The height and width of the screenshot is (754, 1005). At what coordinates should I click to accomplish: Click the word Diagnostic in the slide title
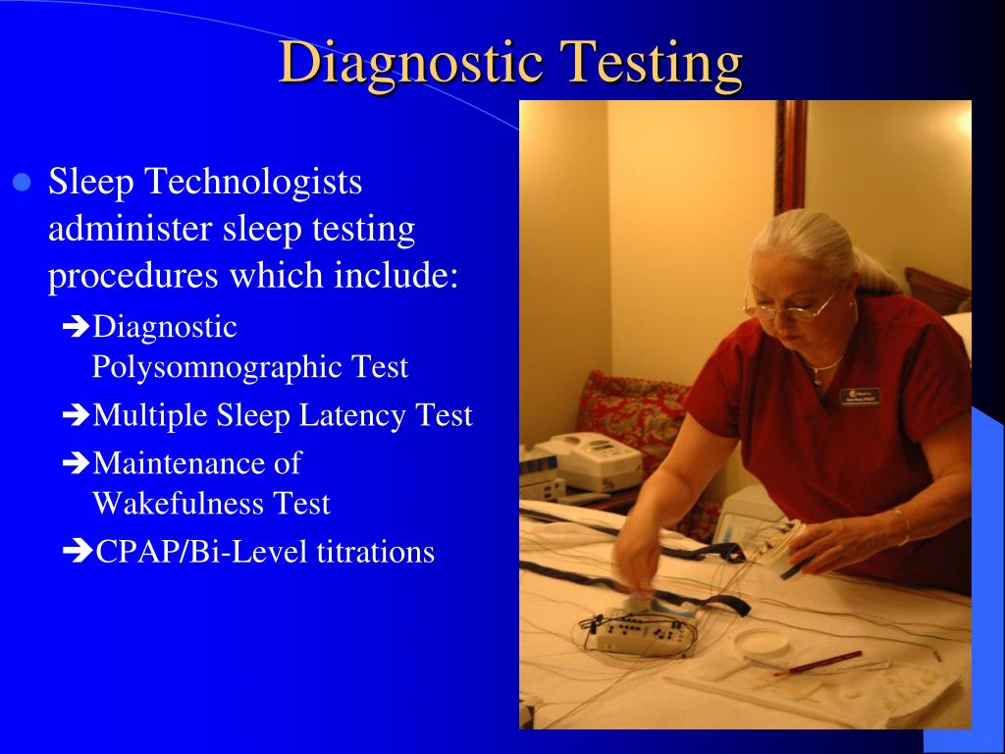(x=411, y=63)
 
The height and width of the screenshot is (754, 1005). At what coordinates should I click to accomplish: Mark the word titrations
(x=375, y=552)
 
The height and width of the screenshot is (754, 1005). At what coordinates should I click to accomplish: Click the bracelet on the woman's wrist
(x=900, y=526)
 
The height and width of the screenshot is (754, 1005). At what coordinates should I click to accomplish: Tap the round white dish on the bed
(x=762, y=644)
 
